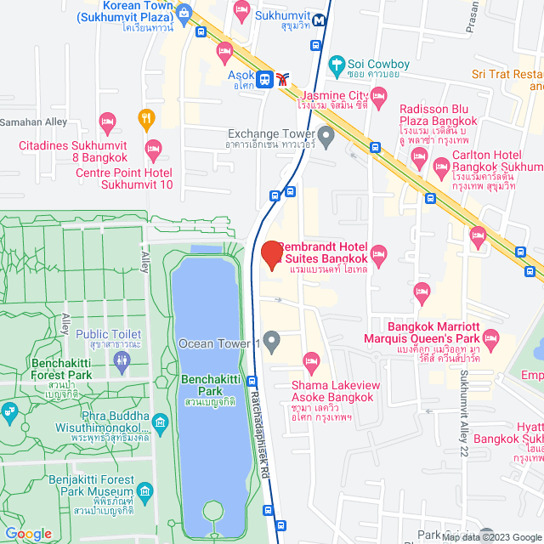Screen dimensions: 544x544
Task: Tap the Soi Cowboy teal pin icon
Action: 337,64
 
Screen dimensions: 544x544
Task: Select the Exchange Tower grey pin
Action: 326,135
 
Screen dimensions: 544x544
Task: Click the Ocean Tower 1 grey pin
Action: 272,343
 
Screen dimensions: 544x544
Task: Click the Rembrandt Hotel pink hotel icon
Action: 379,252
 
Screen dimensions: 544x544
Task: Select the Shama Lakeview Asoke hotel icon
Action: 311,365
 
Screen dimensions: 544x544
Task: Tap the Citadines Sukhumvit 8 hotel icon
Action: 107,121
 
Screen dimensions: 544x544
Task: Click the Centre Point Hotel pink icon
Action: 153,148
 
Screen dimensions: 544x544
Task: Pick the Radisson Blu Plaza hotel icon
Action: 419,156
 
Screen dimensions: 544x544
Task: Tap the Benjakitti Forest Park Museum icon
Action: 144,492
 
